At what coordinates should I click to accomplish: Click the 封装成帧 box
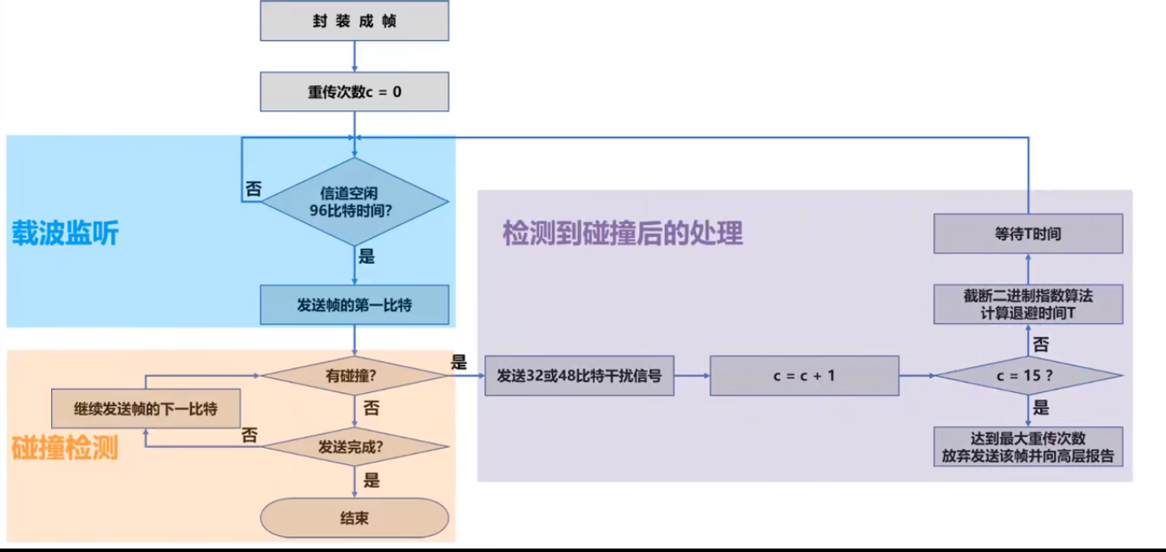[354, 22]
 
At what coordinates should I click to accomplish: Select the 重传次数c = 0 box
[354, 91]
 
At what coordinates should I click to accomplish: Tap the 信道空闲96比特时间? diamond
[354, 201]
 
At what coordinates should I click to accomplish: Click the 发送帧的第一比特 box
[354, 305]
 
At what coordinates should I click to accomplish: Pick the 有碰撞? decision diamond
[354, 376]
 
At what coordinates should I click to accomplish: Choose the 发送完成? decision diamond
[354, 447]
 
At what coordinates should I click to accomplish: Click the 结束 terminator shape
[354, 518]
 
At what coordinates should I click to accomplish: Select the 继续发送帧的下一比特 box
[146, 409]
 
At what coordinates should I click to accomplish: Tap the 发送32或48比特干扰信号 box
[579, 376]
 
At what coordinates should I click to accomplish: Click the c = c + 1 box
[804, 376]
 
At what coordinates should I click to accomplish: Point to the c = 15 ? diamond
[1028, 376]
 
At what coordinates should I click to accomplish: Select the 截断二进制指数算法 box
[1028, 305]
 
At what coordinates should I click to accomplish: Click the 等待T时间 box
[1028, 234]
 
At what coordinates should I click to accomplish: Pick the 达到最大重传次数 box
[1028, 447]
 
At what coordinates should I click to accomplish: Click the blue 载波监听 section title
[65, 233]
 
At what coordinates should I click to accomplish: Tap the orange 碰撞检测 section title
[65, 448]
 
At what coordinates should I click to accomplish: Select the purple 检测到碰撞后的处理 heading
[623, 233]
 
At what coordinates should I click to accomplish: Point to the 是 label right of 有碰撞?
[458, 363]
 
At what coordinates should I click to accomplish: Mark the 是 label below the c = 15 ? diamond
[1041, 408]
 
